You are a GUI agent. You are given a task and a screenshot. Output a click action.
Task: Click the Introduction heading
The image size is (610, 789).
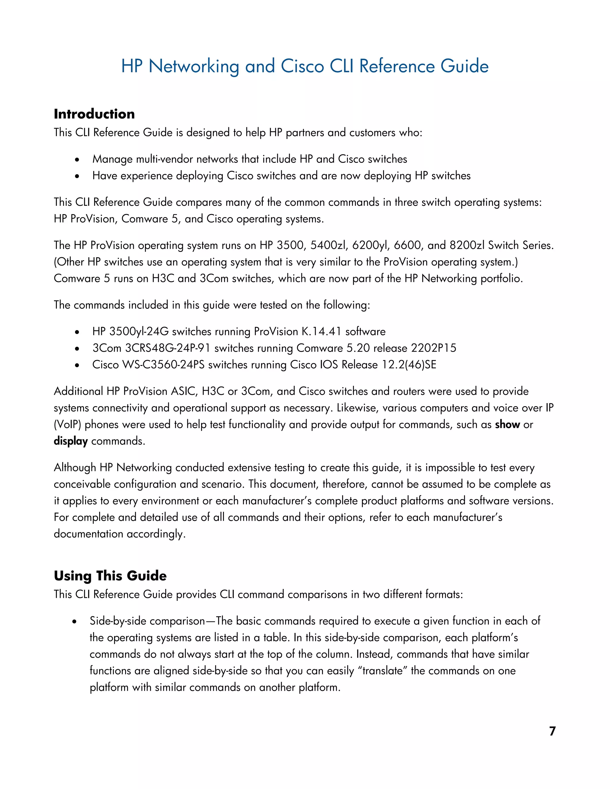(94, 114)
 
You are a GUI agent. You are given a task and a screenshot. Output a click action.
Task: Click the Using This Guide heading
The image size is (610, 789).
(110, 576)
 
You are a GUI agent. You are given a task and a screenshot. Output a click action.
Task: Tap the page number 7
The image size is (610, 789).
(552, 731)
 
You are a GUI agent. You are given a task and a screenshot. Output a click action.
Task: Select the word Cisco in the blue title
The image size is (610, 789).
(302, 66)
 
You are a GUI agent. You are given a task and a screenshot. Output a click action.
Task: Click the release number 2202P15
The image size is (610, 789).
(434, 348)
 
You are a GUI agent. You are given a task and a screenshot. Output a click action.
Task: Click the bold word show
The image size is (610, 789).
(507, 425)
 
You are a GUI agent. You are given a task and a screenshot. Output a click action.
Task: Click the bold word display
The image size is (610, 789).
(71, 441)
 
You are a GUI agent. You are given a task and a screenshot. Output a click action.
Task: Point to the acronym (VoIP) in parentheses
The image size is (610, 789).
(68, 425)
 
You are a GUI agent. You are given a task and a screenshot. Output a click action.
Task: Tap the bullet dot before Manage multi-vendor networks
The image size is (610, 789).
(77, 160)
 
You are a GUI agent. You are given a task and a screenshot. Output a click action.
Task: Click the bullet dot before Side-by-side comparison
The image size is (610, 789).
(74, 621)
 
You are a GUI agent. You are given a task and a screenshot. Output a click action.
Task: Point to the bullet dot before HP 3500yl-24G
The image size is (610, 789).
(77, 332)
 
